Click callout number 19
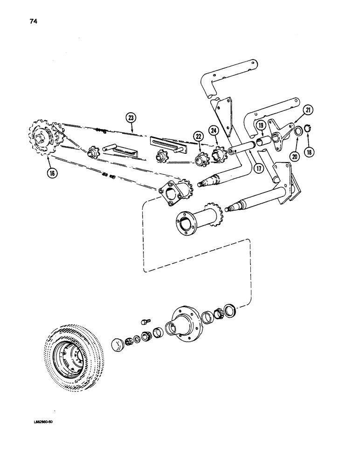click(261, 125)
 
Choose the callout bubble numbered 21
click(308, 110)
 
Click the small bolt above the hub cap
click(145, 322)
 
